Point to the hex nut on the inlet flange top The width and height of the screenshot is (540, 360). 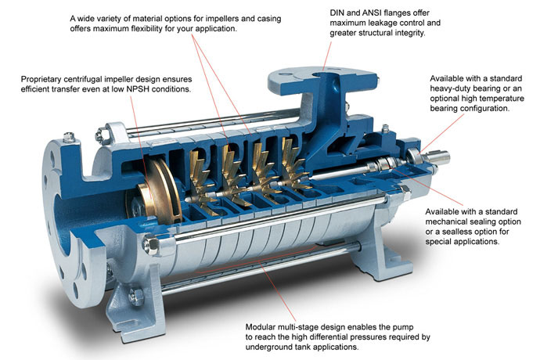70,137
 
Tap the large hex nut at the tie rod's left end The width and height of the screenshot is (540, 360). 150,243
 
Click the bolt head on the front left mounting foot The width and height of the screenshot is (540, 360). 136,297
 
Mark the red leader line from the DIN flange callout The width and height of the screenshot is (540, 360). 327,56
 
